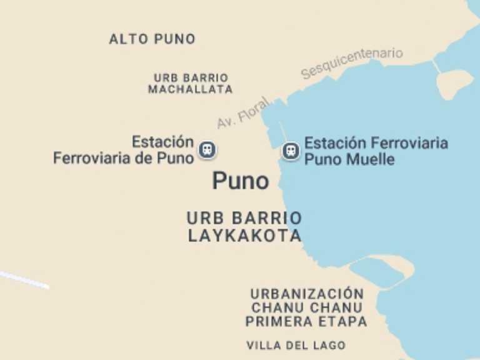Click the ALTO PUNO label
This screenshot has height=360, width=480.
(152, 39)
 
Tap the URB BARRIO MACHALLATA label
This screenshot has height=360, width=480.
(191, 84)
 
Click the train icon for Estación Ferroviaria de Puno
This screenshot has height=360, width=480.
(207, 150)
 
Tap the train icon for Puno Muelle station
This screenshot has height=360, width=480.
(290, 151)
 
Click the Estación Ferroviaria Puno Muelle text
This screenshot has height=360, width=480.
(376, 151)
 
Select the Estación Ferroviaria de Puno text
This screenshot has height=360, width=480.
(124, 150)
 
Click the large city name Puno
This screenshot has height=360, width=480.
(241, 181)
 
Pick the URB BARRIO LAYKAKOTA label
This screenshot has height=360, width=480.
(244, 227)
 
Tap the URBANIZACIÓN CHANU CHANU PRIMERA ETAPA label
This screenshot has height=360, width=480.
(306, 307)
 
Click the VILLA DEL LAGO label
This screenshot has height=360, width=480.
(296, 346)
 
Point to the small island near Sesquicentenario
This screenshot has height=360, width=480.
(454, 83)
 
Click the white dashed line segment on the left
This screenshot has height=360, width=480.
(24, 279)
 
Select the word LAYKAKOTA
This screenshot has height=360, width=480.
(244, 236)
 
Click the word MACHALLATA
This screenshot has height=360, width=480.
(191, 90)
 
